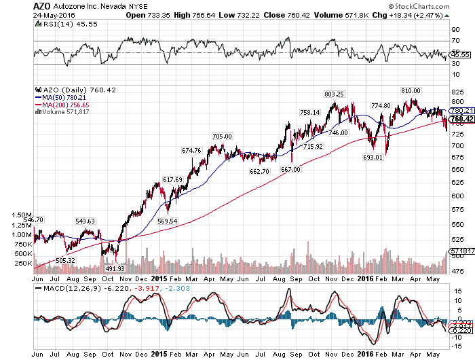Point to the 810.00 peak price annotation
coord(411,90)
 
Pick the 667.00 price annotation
coord(291,169)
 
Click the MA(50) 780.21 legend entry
coord(62,97)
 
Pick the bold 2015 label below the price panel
coord(159,278)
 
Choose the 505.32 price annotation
coord(64,260)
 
